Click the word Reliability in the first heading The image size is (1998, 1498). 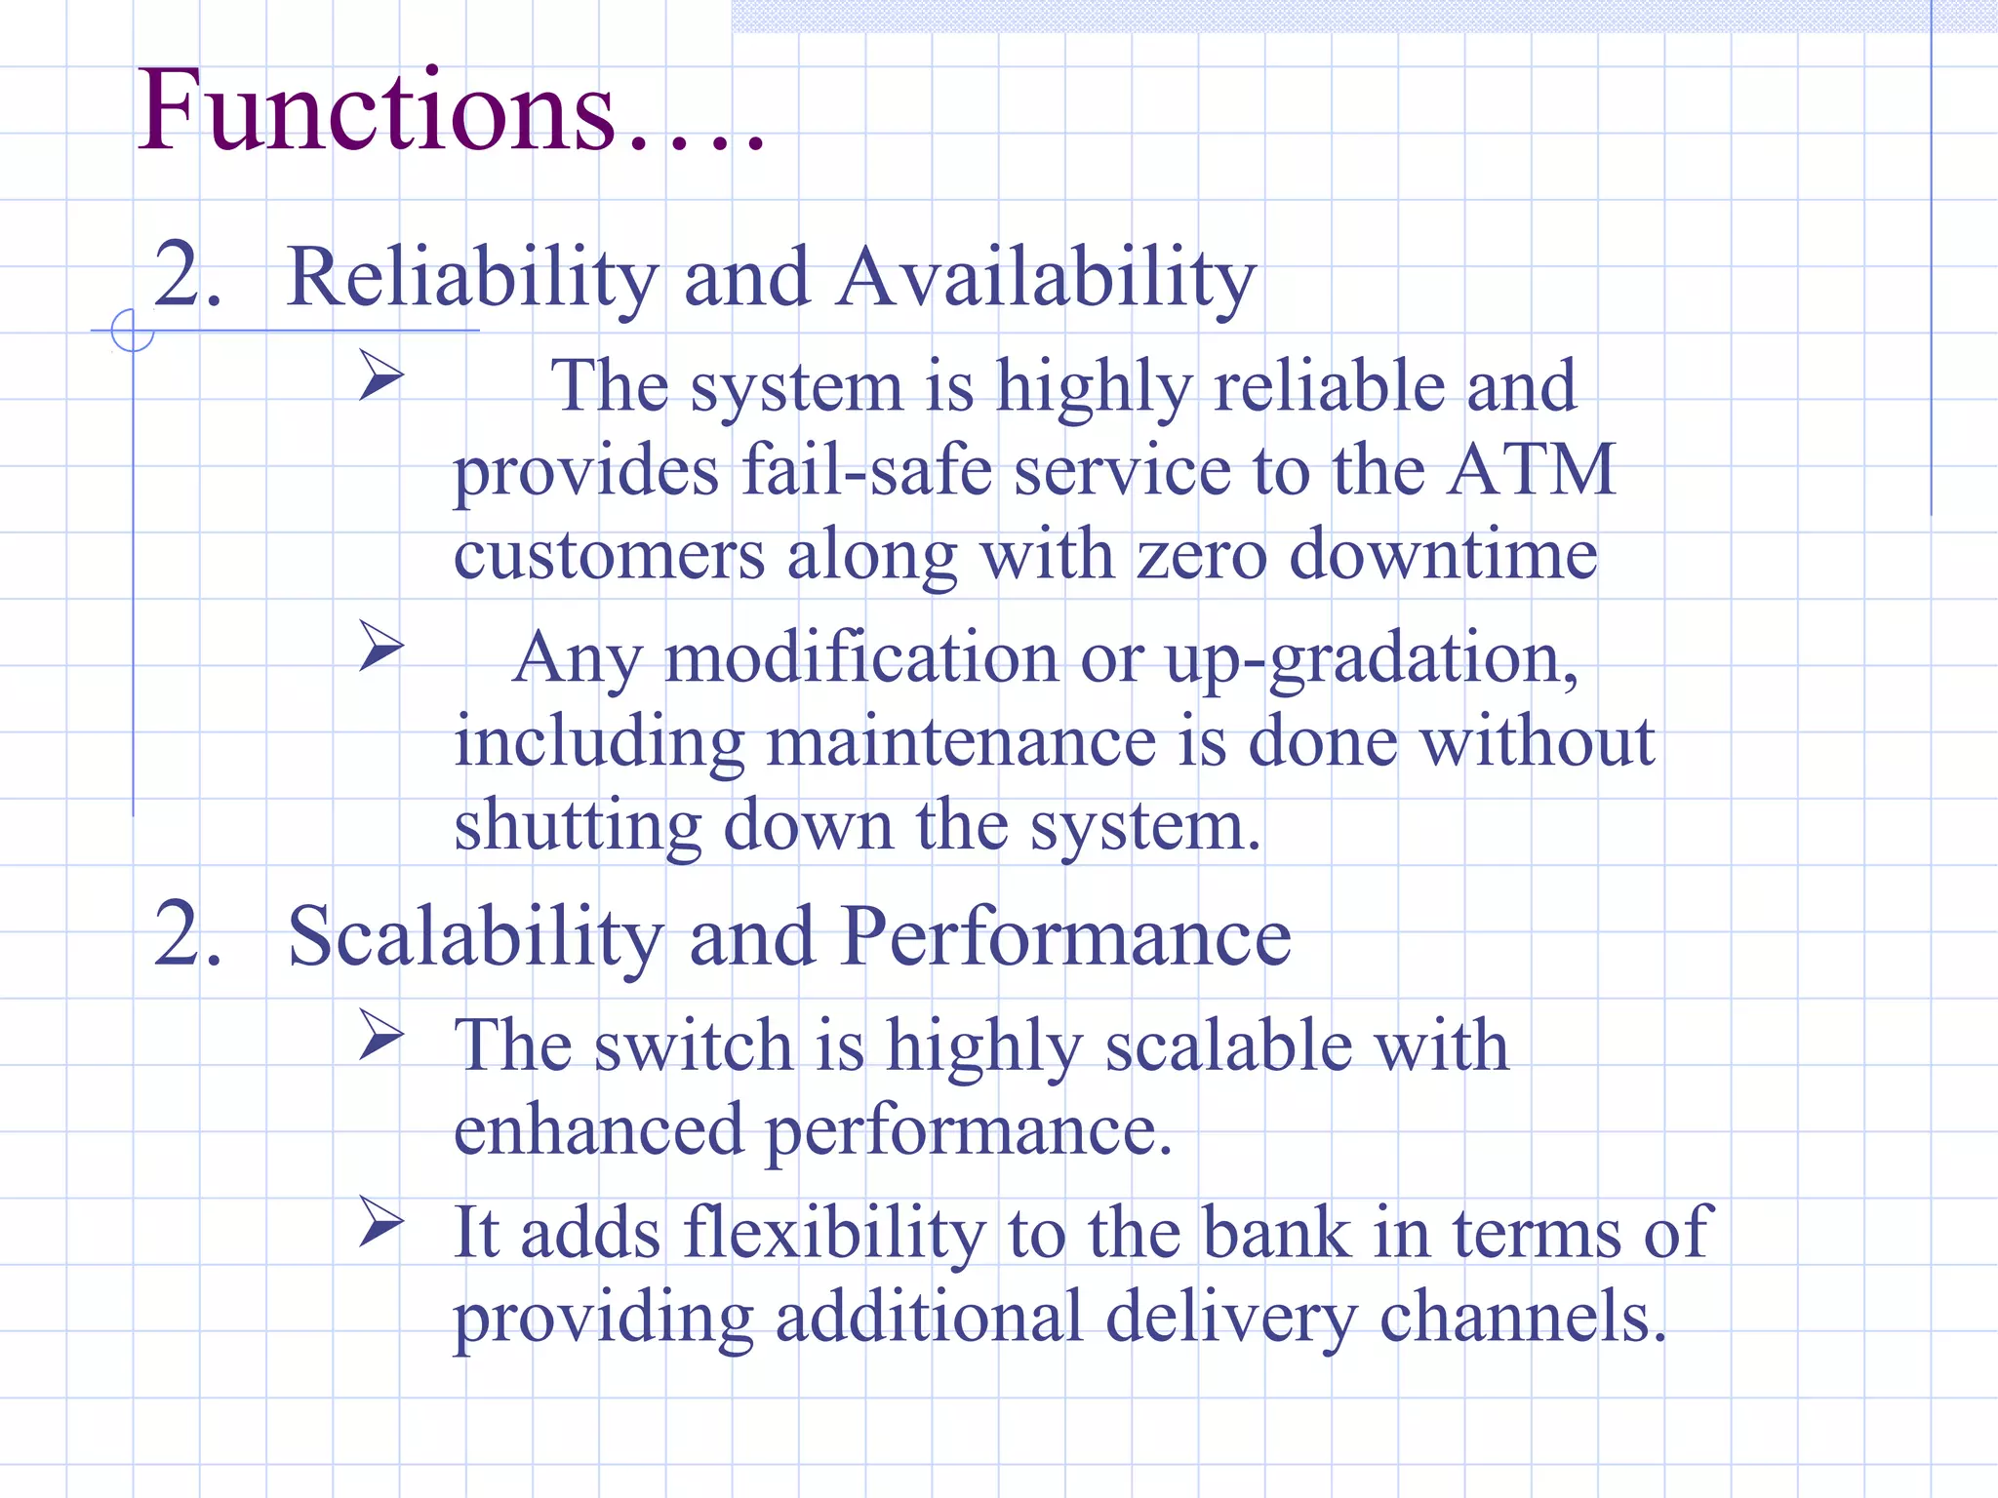tap(472, 278)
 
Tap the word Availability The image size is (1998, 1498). tap(1046, 278)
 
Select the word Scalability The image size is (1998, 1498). tap(475, 936)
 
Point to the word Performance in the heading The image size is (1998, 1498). tap(1065, 936)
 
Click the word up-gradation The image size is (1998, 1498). tap(1372, 658)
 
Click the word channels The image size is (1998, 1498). tap(1522, 1318)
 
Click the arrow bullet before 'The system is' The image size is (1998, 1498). tap(380, 375)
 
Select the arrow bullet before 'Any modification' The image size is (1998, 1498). tap(380, 646)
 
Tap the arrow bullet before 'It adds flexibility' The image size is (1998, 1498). tap(380, 1221)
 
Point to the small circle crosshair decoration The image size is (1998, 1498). tap(132, 331)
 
